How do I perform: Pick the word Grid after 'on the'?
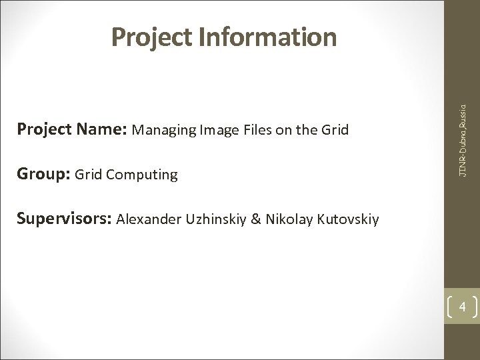(x=334, y=129)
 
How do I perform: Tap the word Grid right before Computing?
(x=88, y=175)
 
